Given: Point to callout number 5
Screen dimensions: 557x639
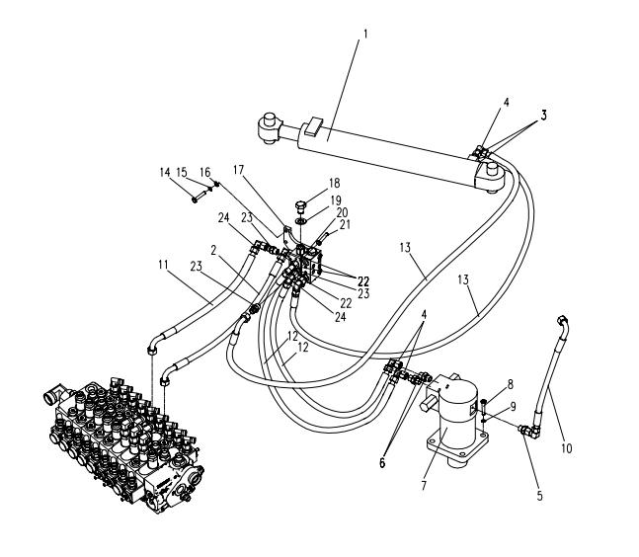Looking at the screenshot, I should click(539, 496).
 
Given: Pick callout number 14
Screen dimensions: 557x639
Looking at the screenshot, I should click(164, 172).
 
